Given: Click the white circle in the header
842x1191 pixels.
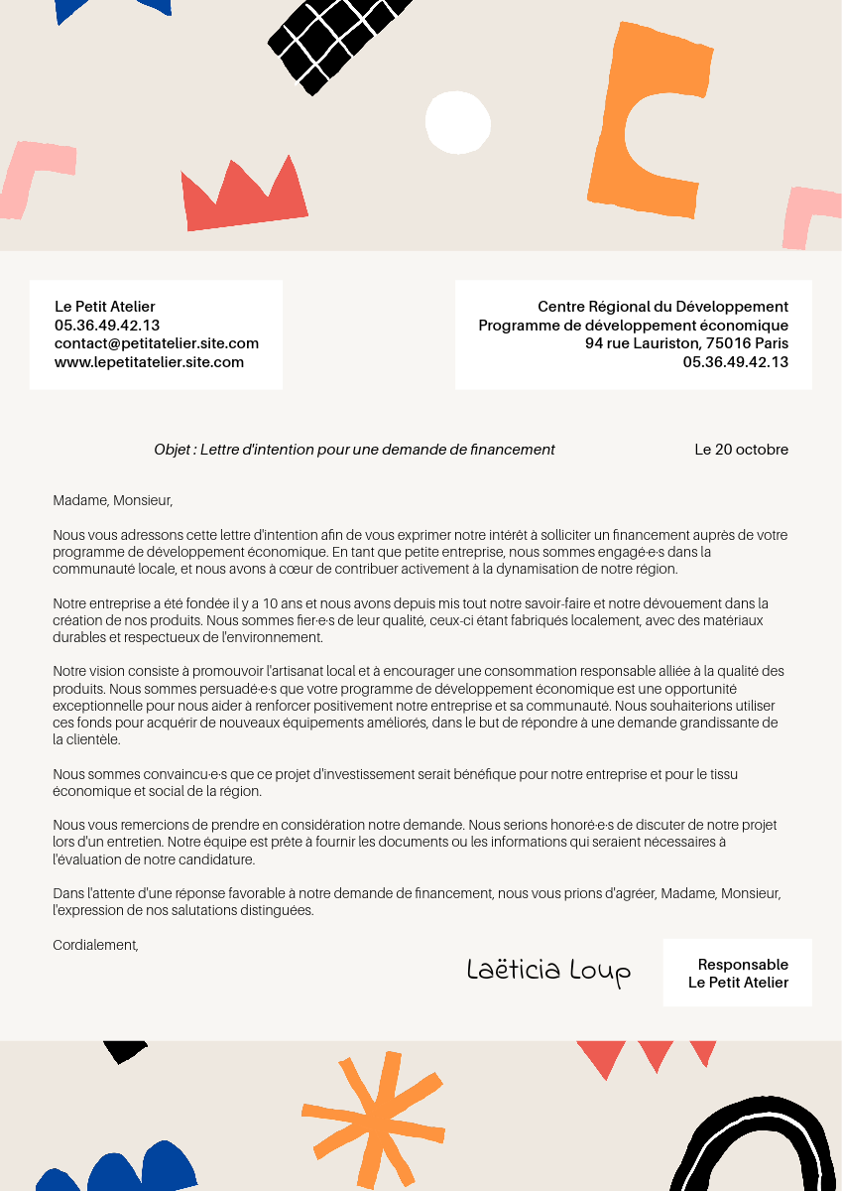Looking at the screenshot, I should click(x=458, y=122).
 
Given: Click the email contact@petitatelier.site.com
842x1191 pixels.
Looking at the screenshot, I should click(x=157, y=343).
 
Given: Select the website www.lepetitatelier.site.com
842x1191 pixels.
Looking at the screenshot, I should click(x=149, y=362).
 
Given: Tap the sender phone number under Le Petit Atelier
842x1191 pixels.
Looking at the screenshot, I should click(x=107, y=326).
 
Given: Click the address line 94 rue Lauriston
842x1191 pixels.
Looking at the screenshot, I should click(x=686, y=343).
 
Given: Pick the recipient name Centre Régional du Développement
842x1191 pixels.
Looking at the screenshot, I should click(x=662, y=307).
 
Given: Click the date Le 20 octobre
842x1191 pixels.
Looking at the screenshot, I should click(x=741, y=450).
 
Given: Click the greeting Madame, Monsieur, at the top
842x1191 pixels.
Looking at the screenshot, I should click(x=113, y=500).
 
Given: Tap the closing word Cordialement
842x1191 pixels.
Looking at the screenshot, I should click(x=95, y=945).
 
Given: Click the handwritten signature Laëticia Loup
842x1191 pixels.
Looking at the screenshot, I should click(x=548, y=971).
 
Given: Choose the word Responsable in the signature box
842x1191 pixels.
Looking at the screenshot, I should click(x=743, y=965).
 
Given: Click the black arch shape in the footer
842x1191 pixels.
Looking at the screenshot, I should click(x=754, y=1151).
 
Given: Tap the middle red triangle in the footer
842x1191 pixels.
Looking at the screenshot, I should click(x=656, y=1054).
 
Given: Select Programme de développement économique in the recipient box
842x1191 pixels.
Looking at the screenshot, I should click(x=633, y=326).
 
